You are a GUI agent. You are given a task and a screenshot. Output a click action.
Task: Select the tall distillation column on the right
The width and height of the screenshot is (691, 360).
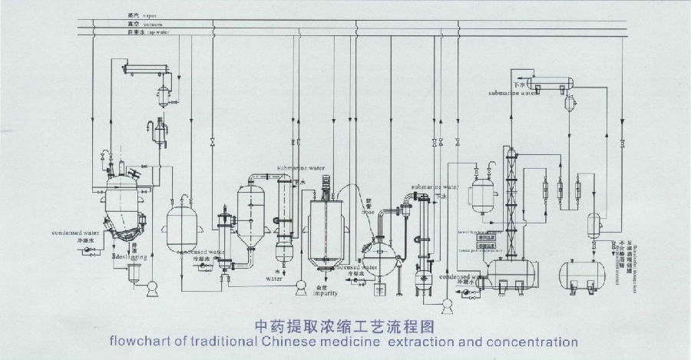tap(511, 200)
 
